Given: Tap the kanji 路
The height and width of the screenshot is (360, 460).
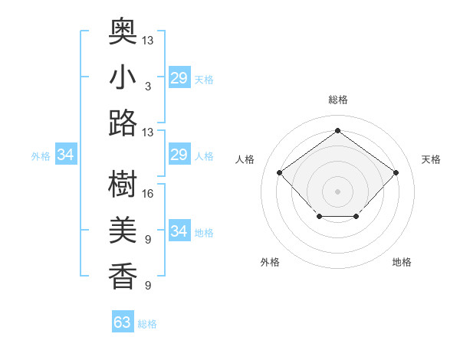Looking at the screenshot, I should click(x=123, y=123).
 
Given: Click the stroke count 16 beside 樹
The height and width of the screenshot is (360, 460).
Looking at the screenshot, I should click(x=148, y=194).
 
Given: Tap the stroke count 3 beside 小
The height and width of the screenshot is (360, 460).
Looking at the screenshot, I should click(x=148, y=87).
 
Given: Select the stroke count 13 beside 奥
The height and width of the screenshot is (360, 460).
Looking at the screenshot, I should click(x=148, y=40).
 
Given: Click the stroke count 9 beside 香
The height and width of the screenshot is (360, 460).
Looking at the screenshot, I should click(x=148, y=286).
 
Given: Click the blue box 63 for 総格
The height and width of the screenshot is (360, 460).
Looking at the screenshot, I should click(x=123, y=322).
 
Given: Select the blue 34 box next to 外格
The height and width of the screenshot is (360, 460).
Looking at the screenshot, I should click(x=66, y=155).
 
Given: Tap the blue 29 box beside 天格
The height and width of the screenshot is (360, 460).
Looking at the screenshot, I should click(x=179, y=78).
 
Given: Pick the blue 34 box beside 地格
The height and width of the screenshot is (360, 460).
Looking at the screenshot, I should click(x=179, y=231).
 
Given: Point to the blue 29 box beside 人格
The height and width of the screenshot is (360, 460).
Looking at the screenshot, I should click(x=179, y=155).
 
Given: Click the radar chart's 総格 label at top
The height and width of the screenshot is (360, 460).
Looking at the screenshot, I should click(x=337, y=100).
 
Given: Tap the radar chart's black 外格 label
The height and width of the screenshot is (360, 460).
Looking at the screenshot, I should click(x=270, y=262).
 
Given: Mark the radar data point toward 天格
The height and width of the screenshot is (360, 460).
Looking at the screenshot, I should click(x=396, y=172).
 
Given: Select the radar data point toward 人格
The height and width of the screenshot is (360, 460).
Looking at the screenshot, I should click(x=280, y=172).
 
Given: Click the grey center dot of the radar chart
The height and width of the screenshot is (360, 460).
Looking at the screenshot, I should click(x=337, y=191).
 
